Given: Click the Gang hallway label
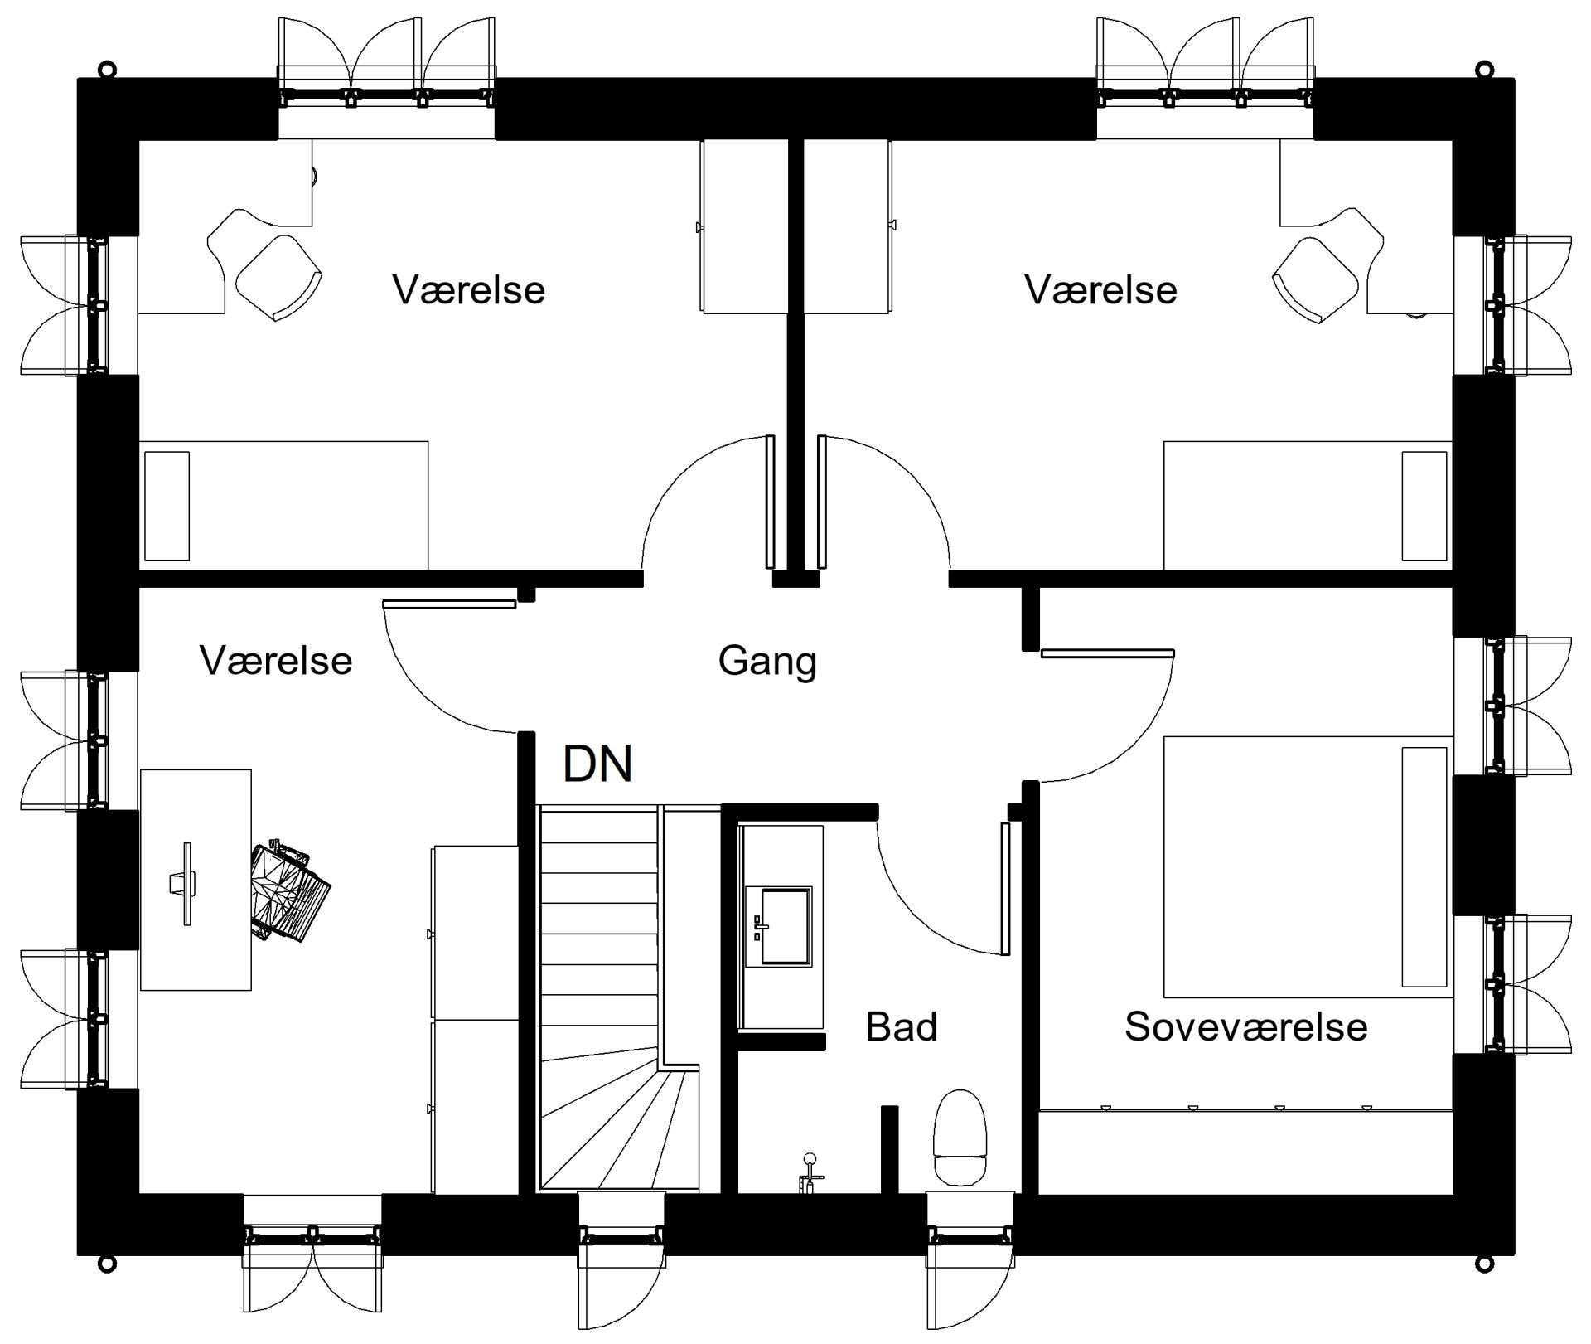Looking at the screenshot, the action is [x=766, y=662].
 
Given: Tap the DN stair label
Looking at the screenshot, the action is [x=597, y=764].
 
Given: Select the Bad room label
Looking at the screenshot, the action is [x=901, y=1026].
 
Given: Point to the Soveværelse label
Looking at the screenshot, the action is [x=1245, y=1026].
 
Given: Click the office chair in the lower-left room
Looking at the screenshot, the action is [x=290, y=891].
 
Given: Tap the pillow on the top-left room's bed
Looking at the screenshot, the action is [x=167, y=506].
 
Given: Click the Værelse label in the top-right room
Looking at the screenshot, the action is [x=1100, y=290].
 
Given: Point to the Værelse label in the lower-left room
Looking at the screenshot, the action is [x=276, y=661].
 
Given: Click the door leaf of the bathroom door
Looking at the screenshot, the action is [x=1005, y=888].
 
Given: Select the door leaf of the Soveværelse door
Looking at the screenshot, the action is [x=1107, y=653].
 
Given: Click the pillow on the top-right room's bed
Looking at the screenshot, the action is [x=1424, y=506].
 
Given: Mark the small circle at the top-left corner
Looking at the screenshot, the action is [x=107, y=68].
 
